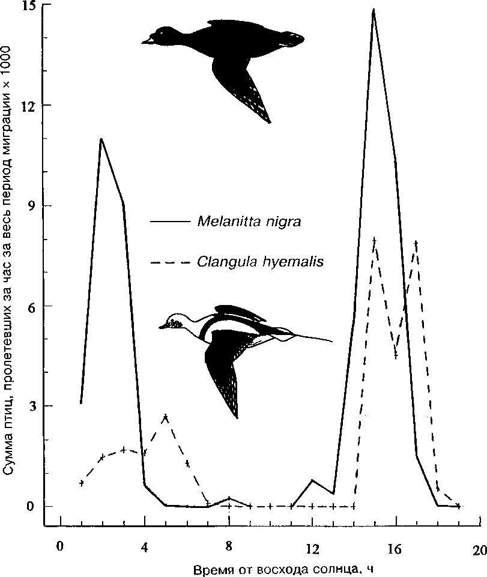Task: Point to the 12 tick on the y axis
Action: (42, 106)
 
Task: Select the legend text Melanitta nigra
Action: (248, 222)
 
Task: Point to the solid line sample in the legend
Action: (169, 222)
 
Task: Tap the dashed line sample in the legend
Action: (169, 262)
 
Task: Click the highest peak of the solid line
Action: (374, 10)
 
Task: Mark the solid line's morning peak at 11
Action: (101, 139)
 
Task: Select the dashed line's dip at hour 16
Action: (396, 355)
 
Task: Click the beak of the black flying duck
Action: (145, 42)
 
